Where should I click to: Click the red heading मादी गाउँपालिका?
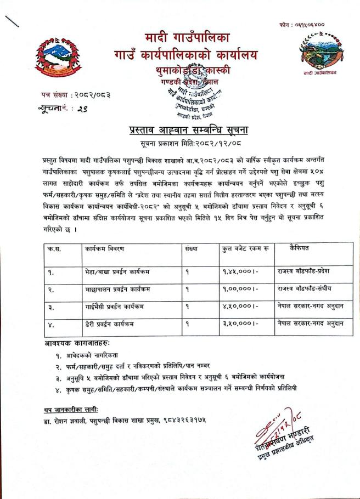[188, 38]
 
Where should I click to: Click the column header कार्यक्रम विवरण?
[104, 248]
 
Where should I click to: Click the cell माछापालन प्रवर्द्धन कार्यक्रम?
[117, 288]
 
